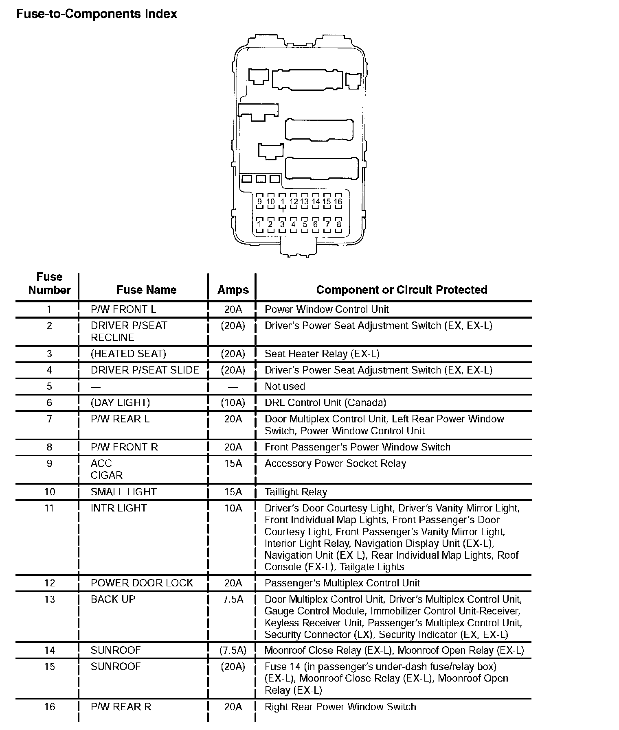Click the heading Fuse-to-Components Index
coord(97,14)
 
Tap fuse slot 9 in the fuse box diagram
coord(259,202)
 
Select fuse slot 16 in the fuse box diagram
coord(338,202)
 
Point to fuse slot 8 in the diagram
coord(338,224)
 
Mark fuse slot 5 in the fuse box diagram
coord(305,224)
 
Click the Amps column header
coord(233,290)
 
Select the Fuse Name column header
coord(146,290)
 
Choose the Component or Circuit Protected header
coord(402,290)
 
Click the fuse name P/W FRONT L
coord(123,310)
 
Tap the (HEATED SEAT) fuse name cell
coord(128,354)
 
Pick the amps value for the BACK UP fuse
coord(233,599)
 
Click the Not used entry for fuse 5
coord(285,387)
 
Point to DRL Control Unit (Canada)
coord(325,403)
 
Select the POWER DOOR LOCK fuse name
coord(142,583)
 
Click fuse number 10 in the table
coord(49,492)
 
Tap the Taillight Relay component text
coord(296,492)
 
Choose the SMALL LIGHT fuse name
coord(123,492)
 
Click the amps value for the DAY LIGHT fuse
coord(233,403)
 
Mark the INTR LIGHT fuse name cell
coord(119,508)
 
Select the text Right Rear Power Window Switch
coord(340,707)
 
